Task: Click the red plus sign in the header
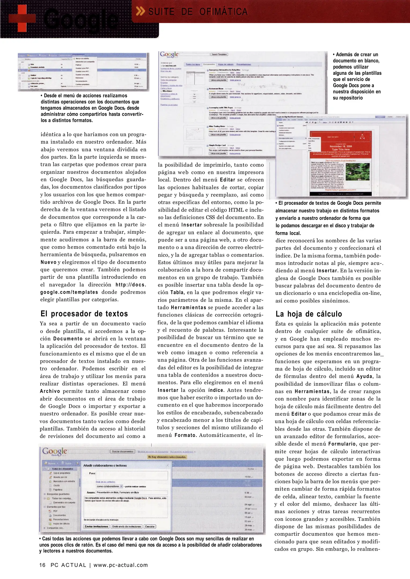(22, 18)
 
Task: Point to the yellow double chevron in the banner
(140, 12)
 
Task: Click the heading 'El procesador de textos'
(84, 314)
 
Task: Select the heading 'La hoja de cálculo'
(309, 314)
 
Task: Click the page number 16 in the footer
(42, 565)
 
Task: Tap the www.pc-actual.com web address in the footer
(120, 565)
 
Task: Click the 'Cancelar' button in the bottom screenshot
(150, 526)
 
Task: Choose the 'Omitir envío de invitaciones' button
(127, 526)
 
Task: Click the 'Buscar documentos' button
(123, 451)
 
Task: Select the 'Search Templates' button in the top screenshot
(219, 54)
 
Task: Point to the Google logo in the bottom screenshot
(54, 451)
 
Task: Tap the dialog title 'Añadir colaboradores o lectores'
(105, 465)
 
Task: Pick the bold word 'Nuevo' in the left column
(48, 262)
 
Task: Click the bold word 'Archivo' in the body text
(50, 391)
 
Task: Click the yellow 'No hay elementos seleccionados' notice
(167, 457)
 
